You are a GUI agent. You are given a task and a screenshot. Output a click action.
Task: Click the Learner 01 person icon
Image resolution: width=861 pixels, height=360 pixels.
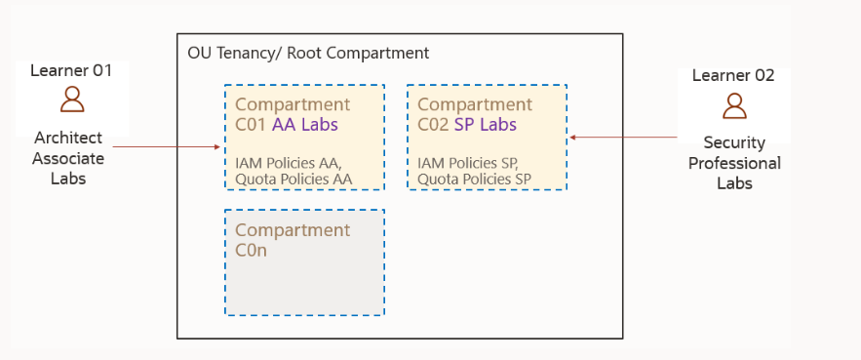[71, 99]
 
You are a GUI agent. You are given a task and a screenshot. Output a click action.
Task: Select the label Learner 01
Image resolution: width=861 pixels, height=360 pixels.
[71, 70]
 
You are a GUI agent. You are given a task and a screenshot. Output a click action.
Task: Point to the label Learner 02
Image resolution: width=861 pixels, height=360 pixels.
[733, 75]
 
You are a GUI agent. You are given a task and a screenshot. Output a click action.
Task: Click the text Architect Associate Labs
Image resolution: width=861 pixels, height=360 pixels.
[67, 157]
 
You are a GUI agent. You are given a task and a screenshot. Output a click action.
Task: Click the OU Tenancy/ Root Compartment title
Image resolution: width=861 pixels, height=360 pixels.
[308, 53]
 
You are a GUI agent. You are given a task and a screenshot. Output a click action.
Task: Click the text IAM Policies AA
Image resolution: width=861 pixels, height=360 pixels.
[288, 161]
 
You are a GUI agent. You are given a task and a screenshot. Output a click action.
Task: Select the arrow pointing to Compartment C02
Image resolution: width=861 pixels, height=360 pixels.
[624, 138]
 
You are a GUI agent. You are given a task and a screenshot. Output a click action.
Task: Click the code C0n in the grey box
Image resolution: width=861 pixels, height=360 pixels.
[252, 250]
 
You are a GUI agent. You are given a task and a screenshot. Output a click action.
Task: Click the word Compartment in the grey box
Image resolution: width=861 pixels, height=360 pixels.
[292, 230]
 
